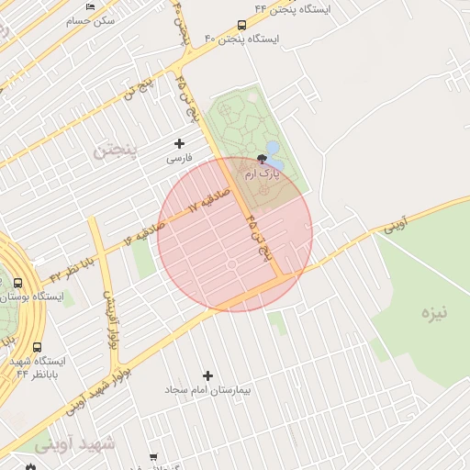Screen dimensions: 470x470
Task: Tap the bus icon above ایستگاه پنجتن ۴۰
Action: point(241,26)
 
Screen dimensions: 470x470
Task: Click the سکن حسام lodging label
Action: point(93,20)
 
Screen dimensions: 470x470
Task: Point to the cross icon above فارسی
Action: point(179,143)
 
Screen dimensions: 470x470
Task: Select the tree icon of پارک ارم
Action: point(264,159)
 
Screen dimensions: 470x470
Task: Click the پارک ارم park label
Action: point(264,173)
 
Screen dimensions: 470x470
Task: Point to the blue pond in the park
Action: point(273,148)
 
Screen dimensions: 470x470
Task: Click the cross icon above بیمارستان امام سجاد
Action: point(207,375)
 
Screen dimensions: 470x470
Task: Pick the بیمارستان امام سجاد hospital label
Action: point(207,390)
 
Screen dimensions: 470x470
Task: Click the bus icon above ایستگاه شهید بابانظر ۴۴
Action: point(37,348)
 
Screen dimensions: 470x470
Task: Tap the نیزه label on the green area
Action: point(434,313)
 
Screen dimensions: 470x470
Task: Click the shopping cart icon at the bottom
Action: point(153,457)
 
